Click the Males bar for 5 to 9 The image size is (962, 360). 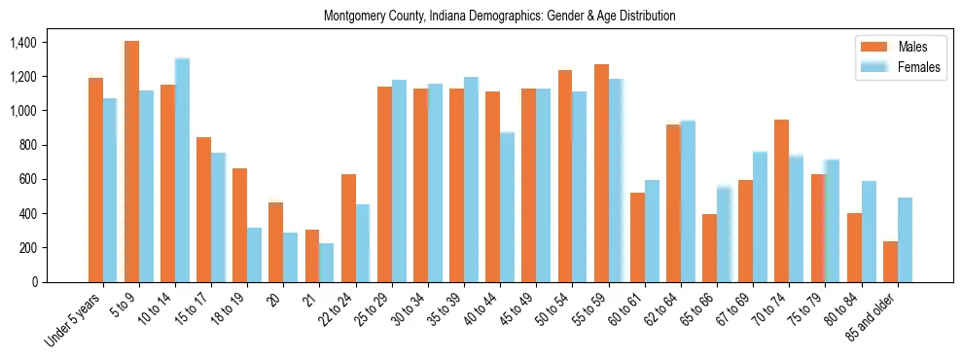coord(131,162)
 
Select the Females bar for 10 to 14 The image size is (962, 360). coord(182,170)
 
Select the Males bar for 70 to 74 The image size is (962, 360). coord(782,200)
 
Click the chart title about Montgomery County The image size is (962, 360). coord(499,16)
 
